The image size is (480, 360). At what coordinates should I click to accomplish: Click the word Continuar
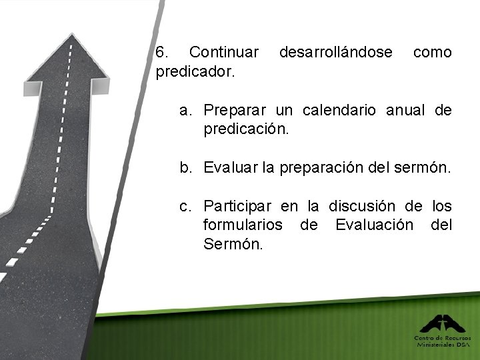coord(224,52)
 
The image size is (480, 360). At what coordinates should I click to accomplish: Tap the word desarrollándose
coord(336,52)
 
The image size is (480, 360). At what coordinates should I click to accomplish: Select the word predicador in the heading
coord(194,71)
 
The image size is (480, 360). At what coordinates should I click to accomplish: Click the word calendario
coord(345,110)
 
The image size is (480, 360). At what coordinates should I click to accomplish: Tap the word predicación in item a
coord(246,129)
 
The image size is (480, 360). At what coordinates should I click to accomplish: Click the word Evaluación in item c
coord(374,225)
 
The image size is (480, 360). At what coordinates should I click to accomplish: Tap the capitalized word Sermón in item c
coord(233,244)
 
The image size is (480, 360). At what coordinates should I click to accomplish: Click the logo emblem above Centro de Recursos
coord(442,324)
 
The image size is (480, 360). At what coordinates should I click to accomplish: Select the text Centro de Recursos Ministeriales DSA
coord(443,341)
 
